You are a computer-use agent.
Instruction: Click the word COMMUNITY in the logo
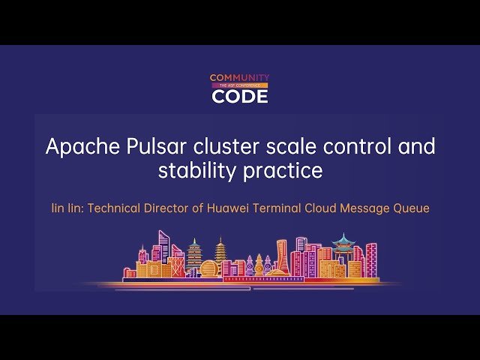coord(239,78)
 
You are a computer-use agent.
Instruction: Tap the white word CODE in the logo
coord(239,96)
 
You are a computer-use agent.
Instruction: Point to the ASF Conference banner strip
coord(239,86)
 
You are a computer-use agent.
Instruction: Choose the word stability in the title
coord(197,171)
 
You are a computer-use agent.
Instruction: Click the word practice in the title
coord(283,172)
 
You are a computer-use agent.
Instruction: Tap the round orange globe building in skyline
coord(209,268)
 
